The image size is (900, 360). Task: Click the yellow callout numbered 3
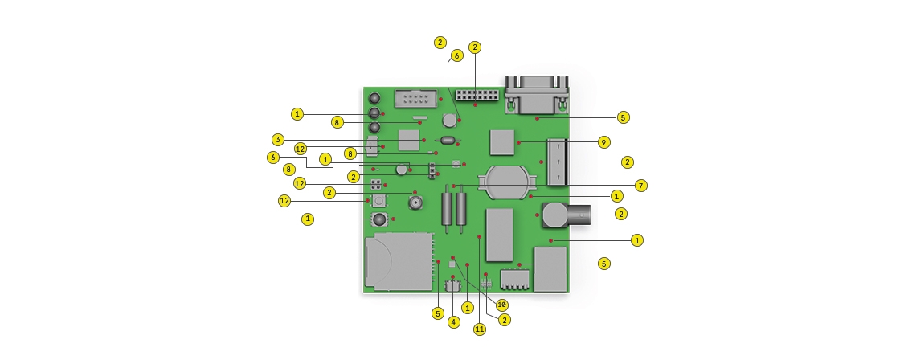(277, 139)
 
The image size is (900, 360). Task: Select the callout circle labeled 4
(453, 321)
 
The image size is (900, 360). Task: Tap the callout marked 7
(640, 186)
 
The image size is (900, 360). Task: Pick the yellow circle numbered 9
(603, 142)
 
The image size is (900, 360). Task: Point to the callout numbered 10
(502, 305)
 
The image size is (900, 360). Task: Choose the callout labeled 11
(480, 329)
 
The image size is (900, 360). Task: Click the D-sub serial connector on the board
(537, 94)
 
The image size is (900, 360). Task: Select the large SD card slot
(399, 260)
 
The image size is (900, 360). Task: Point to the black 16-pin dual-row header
(477, 95)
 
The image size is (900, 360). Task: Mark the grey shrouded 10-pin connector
(415, 100)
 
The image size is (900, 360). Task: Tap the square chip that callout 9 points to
(502, 141)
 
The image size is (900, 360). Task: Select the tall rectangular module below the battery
(500, 233)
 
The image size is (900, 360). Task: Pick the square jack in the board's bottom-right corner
(550, 270)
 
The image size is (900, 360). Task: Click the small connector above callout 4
(453, 284)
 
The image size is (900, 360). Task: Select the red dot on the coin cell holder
(530, 194)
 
